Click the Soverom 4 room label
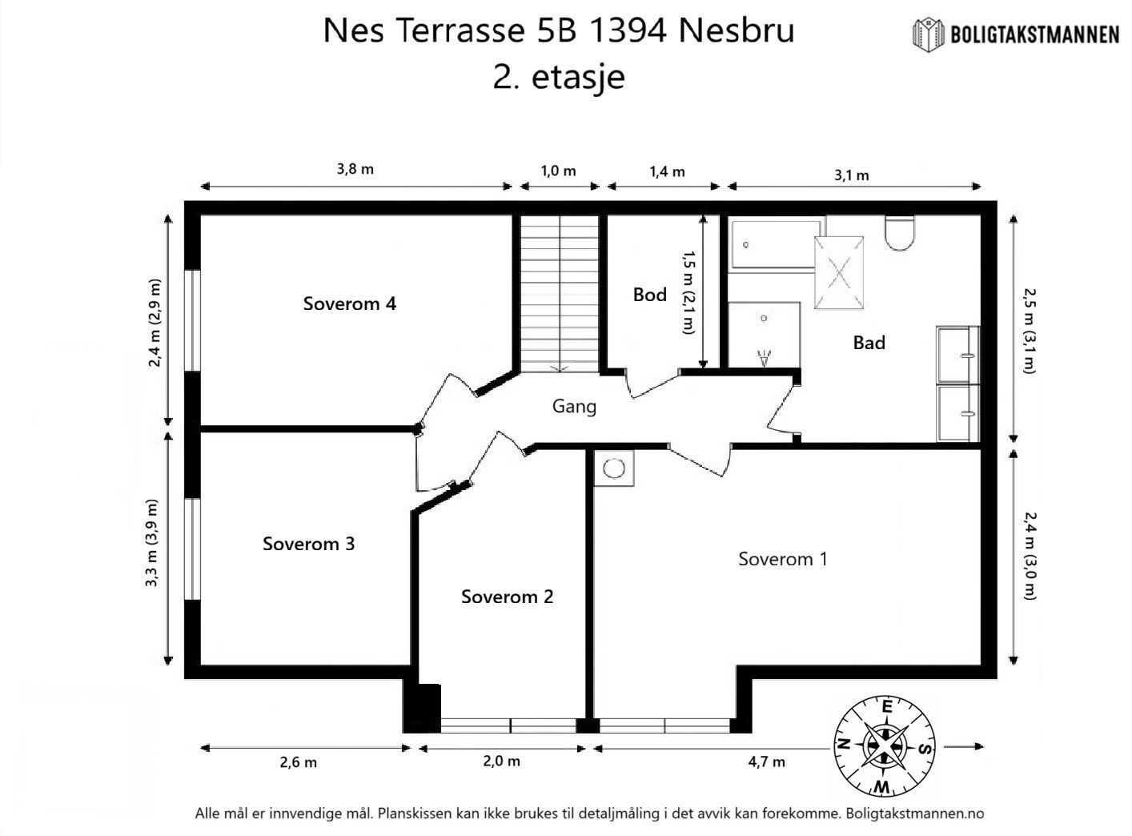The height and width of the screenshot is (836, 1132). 349,303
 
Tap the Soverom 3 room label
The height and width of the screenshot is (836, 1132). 308,544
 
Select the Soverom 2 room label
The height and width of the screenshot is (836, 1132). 507,597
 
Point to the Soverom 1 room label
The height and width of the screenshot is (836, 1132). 782,559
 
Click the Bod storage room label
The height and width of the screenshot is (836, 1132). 649,295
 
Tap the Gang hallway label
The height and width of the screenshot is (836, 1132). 574,406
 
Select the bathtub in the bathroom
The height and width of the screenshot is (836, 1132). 775,243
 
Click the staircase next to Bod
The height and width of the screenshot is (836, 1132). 559,292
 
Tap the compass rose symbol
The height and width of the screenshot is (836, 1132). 885,746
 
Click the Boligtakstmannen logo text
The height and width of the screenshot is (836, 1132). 1034,34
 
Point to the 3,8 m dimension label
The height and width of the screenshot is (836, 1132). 355,169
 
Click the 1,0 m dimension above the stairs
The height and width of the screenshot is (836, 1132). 558,171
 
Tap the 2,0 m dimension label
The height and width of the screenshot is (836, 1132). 502,761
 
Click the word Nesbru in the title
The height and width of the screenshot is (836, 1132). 736,30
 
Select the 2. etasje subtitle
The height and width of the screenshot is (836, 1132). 558,78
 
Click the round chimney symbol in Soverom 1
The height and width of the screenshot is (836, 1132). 614,468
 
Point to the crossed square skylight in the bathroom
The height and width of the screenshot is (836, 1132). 838,272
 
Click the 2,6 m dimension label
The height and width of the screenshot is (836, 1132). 298,762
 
